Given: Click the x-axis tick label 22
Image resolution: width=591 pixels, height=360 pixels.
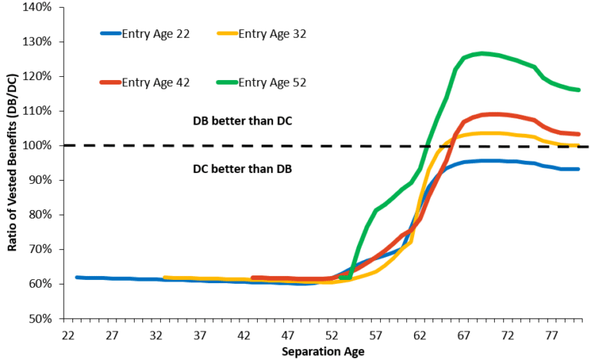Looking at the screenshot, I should [68, 335].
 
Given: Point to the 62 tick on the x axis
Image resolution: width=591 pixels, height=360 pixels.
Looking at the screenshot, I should [419, 335].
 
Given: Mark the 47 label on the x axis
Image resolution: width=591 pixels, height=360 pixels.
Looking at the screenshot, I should [288, 335].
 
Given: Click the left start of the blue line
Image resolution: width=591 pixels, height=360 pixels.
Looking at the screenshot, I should [76, 277].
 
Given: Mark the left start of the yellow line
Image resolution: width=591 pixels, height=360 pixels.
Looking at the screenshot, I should [165, 278].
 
